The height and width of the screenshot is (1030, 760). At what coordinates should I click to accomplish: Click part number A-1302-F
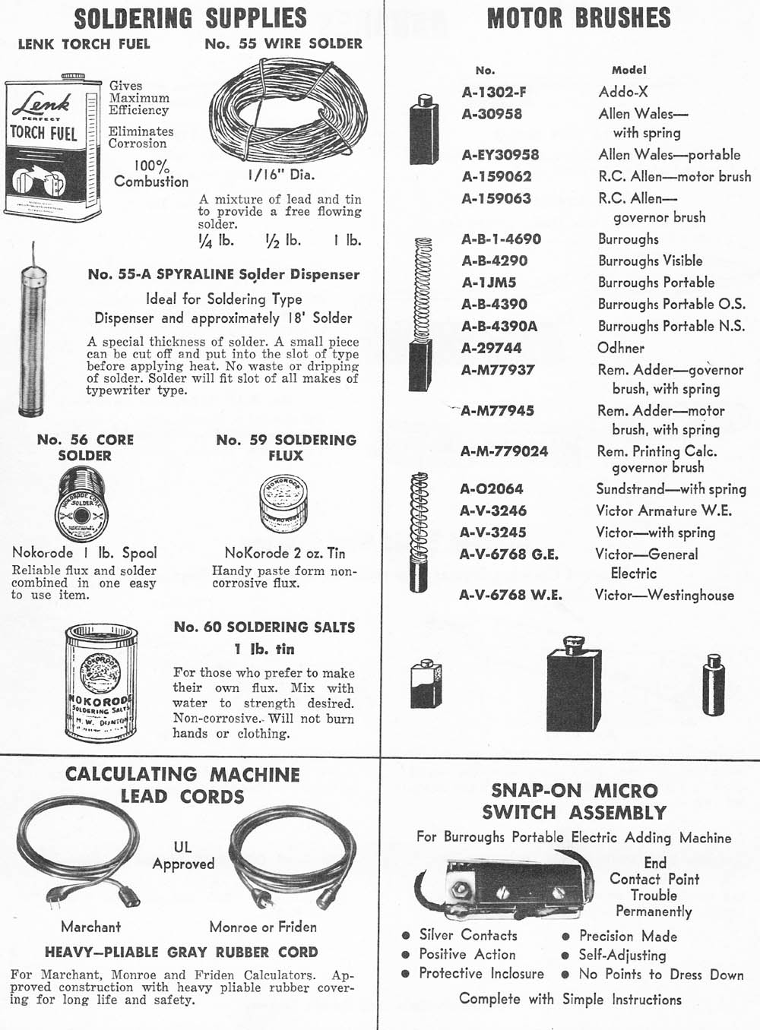click(x=494, y=93)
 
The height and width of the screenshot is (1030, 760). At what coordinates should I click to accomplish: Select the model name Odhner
click(x=621, y=348)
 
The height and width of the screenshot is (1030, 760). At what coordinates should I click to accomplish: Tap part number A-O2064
click(x=492, y=488)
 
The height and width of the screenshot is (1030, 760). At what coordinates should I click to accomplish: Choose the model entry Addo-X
click(x=623, y=92)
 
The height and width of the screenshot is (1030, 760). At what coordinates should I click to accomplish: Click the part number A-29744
click(x=492, y=348)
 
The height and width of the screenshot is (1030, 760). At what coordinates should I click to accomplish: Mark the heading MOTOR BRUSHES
click(x=579, y=18)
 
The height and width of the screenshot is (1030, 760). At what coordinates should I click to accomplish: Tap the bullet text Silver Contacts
click(x=468, y=935)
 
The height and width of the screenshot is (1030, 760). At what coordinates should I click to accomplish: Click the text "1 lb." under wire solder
click(x=347, y=240)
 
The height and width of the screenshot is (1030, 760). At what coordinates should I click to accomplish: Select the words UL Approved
click(x=183, y=855)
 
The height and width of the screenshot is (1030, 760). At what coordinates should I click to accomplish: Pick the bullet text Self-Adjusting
click(x=622, y=955)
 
